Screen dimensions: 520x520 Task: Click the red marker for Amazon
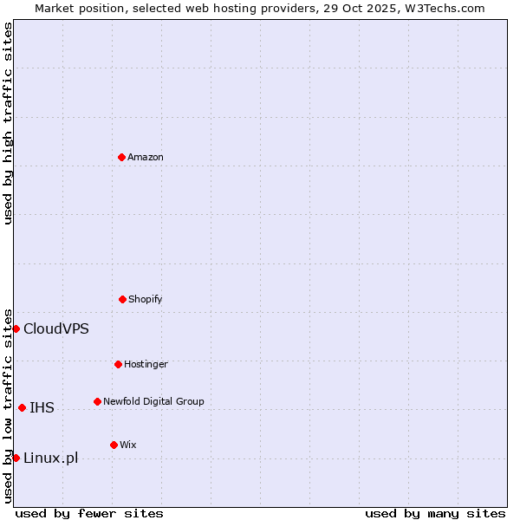[x=121, y=157]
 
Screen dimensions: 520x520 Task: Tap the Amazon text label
[x=146, y=158]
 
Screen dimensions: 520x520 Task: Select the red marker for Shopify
[x=122, y=299]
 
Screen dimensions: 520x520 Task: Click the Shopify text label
[x=146, y=300]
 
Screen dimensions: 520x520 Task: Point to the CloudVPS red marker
[x=16, y=328]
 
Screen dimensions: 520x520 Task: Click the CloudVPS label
[x=55, y=329]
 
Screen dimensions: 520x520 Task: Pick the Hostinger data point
[x=118, y=364]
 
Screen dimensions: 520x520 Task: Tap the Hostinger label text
[x=146, y=365]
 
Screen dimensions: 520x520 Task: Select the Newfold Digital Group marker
[x=97, y=401]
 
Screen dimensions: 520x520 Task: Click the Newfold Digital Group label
[x=153, y=402]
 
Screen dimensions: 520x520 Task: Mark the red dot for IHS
[x=22, y=407]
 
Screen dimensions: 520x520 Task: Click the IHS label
[x=42, y=408]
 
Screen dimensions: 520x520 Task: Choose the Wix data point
[x=114, y=445]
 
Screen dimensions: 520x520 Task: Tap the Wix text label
[x=127, y=445]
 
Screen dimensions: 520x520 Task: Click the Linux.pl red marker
[x=16, y=458]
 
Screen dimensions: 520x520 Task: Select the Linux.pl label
[x=50, y=458]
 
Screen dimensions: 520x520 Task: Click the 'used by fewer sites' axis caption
[x=89, y=514]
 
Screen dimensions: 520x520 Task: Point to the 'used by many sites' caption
[x=435, y=514]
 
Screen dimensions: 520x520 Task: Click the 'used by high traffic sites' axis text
[x=8, y=123]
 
